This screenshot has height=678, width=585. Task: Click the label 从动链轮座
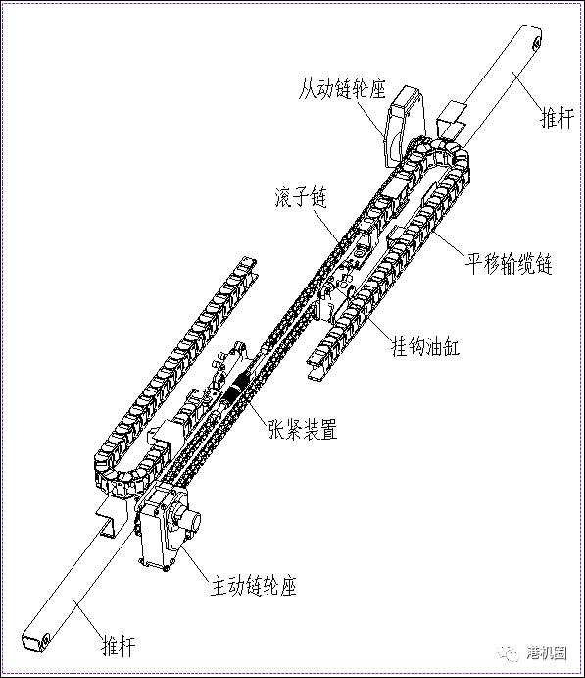tap(342, 89)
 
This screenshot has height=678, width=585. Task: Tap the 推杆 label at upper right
tap(558, 118)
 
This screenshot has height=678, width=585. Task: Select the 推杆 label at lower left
tap(119, 646)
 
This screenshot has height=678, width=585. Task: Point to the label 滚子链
tap(301, 197)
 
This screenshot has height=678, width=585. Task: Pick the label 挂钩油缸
tap(425, 346)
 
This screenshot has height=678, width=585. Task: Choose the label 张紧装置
tap(303, 429)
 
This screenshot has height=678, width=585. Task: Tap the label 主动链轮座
tap(254, 586)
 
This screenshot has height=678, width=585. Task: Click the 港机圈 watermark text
tap(546, 652)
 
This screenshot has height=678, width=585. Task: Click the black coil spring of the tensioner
tap(236, 390)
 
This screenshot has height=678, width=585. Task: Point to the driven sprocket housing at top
tap(404, 126)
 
